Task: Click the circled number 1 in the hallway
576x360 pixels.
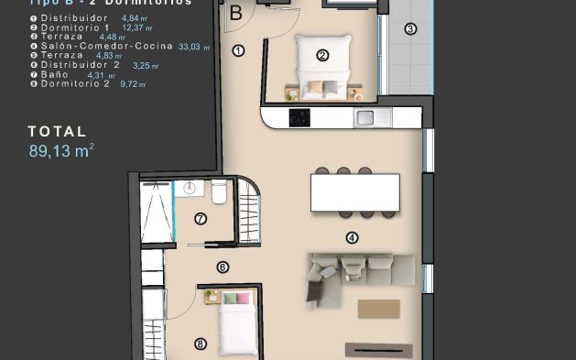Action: pos(239,51)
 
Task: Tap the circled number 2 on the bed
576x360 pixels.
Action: pos(322,55)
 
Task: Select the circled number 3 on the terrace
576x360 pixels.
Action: pos(410,28)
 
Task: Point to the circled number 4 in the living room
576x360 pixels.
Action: pos(352,237)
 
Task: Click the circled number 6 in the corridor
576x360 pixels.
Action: pos(222,267)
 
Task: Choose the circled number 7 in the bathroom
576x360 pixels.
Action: pos(201,218)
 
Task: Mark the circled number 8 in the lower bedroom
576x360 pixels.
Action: pos(201,344)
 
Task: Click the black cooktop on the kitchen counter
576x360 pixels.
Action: pos(299,117)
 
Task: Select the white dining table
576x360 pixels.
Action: pos(354,192)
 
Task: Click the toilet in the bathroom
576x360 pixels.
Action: pos(219,193)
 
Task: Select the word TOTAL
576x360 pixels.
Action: pos(57,132)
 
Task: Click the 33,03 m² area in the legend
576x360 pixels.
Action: pos(194,46)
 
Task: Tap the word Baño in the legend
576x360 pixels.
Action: pos(54,74)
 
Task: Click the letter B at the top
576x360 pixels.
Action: pos(235,13)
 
